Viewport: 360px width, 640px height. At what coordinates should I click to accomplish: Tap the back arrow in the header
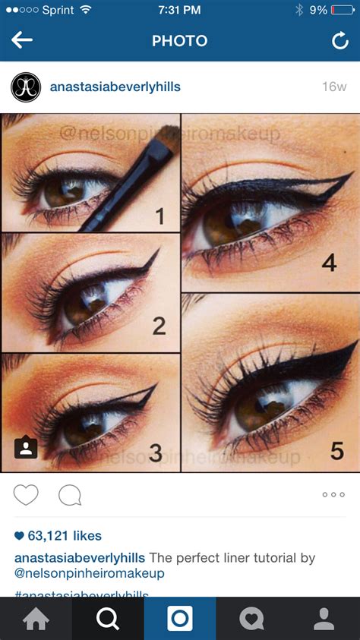22,40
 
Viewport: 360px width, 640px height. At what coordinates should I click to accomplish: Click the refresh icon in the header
339,41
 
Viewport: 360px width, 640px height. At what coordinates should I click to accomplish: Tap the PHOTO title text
179,41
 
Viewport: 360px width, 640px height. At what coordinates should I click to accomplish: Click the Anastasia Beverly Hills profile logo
25,87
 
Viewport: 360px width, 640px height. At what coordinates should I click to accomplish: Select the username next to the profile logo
115,87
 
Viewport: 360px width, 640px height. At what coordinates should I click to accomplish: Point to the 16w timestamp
333,87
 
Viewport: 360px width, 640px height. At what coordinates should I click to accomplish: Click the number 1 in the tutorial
159,216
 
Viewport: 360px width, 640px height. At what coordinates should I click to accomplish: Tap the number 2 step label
159,326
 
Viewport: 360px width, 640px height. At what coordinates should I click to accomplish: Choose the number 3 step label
156,453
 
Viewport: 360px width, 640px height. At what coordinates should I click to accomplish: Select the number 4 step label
328,263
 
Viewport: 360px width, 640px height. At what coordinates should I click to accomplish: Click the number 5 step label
336,451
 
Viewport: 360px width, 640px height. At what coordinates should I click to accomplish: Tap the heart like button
26,495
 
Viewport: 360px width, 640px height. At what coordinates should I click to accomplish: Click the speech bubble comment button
70,495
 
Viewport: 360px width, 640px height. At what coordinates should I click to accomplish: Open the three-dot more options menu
333,495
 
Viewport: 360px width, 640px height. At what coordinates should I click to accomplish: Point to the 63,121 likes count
58,535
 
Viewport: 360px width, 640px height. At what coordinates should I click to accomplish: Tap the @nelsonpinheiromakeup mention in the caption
90,573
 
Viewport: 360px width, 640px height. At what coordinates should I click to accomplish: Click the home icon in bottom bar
36,619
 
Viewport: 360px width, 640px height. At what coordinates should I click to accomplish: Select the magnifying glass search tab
108,619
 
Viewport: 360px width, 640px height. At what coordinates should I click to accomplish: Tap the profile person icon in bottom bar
324,619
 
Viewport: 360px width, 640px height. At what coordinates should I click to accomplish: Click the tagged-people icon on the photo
26,448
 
